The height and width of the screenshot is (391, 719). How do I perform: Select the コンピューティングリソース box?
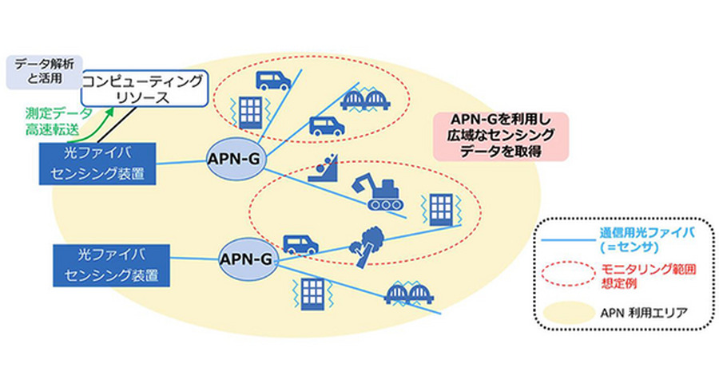pos(145,89)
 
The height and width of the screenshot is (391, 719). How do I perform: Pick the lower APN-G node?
pos(248,258)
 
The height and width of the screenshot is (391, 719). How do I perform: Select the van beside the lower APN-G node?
pos(300,244)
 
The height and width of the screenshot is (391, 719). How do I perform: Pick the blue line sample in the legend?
pos(566,238)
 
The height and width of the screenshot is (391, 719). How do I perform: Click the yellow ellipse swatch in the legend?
pos(566,308)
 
